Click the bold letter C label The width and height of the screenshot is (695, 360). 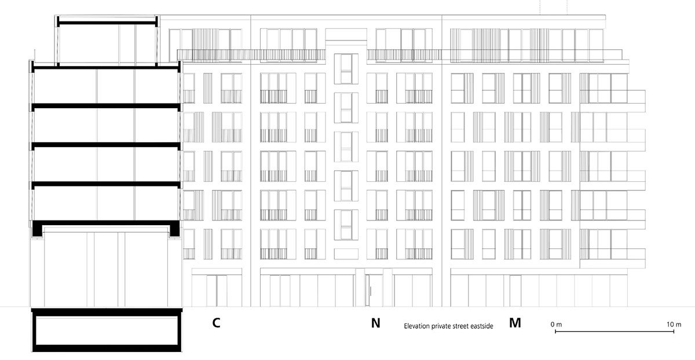point(216,323)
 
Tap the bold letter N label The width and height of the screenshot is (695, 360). point(375,323)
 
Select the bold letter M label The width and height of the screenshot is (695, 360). point(515,323)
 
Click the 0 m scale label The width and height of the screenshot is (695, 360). point(557,325)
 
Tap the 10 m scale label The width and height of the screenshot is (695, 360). point(674,325)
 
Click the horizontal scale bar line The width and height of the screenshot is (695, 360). point(614,332)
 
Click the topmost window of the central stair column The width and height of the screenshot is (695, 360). point(346,69)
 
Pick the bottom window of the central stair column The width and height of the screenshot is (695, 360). point(346,225)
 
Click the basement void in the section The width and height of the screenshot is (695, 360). point(107,330)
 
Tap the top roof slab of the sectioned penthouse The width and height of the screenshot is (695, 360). point(107,23)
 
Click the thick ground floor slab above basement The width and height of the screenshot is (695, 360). point(107,312)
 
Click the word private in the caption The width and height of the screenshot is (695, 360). point(441,326)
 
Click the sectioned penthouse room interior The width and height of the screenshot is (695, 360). point(107,45)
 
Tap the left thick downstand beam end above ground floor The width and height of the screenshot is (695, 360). point(37,229)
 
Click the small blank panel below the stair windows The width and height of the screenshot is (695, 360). point(346,254)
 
